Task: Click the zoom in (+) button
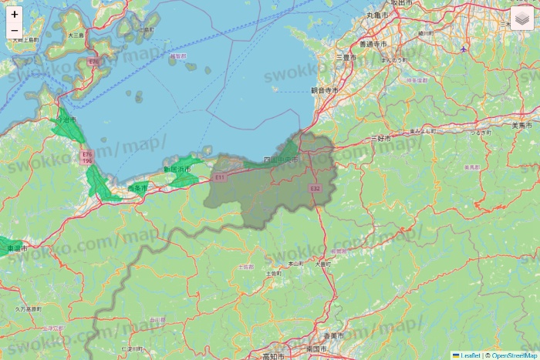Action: tap(15, 14)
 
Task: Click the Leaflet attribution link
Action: tap(471, 355)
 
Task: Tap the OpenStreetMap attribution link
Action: tap(515, 355)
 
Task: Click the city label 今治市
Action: tap(67, 119)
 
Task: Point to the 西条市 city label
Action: tap(137, 187)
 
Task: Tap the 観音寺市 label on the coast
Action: tap(325, 90)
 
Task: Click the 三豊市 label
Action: tap(346, 57)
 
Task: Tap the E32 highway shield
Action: tap(315, 188)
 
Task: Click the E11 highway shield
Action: tap(220, 177)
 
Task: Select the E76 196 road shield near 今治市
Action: tap(87, 157)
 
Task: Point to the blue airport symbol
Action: tap(463, 49)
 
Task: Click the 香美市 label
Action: tap(333, 335)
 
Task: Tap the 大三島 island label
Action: tap(76, 35)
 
